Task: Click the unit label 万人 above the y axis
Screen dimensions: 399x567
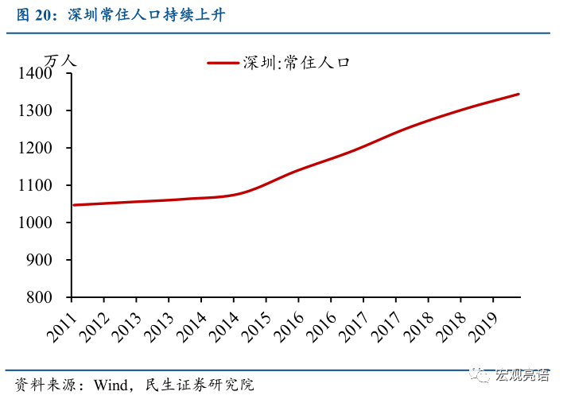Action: pyautogui.click(x=60, y=60)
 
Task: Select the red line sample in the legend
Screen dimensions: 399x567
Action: pyautogui.click(x=223, y=63)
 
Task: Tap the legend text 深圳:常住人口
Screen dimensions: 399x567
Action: pyautogui.click(x=297, y=63)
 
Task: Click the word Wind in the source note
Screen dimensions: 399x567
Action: pyautogui.click(x=111, y=385)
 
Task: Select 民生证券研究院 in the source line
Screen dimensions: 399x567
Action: pyautogui.click(x=199, y=385)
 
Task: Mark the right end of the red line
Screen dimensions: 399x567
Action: pyautogui.click(x=518, y=94)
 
